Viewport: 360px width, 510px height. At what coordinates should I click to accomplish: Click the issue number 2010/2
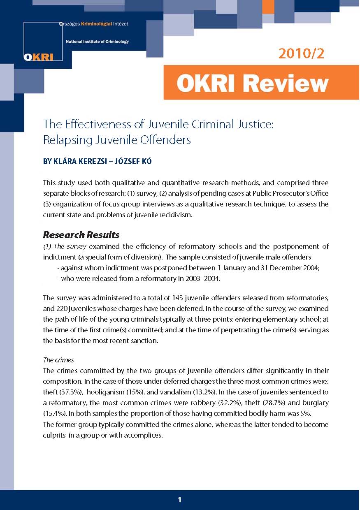[301, 53]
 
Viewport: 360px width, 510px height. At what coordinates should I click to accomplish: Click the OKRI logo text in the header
[38, 57]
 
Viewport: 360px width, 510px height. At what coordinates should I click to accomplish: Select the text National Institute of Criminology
[97, 42]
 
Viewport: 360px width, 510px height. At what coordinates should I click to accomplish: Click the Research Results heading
[81, 235]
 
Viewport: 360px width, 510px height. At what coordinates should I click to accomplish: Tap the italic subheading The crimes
[58, 359]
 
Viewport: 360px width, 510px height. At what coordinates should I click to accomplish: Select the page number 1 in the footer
[179, 500]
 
